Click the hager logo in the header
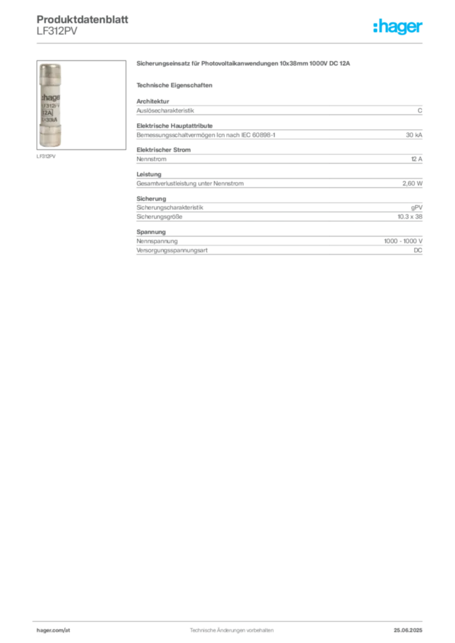(397, 26)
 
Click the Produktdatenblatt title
(82, 19)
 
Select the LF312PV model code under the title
(57, 31)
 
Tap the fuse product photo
(81, 105)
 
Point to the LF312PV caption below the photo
(46, 156)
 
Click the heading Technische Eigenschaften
(174, 85)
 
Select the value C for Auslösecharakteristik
(420, 111)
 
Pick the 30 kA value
(414, 135)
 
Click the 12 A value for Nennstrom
(417, 159)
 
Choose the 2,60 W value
(412, 184)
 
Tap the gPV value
(417, 208)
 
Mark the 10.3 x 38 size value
(410, 217)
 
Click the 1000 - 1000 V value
(403, 241)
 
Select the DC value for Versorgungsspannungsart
(418, 250)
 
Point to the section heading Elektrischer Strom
(163, 150)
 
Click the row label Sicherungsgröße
(159, 217)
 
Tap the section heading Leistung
(149, 175)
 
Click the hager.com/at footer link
(53, 630)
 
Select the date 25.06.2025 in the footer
(408, 630)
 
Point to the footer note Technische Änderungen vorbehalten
(231, 630)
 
